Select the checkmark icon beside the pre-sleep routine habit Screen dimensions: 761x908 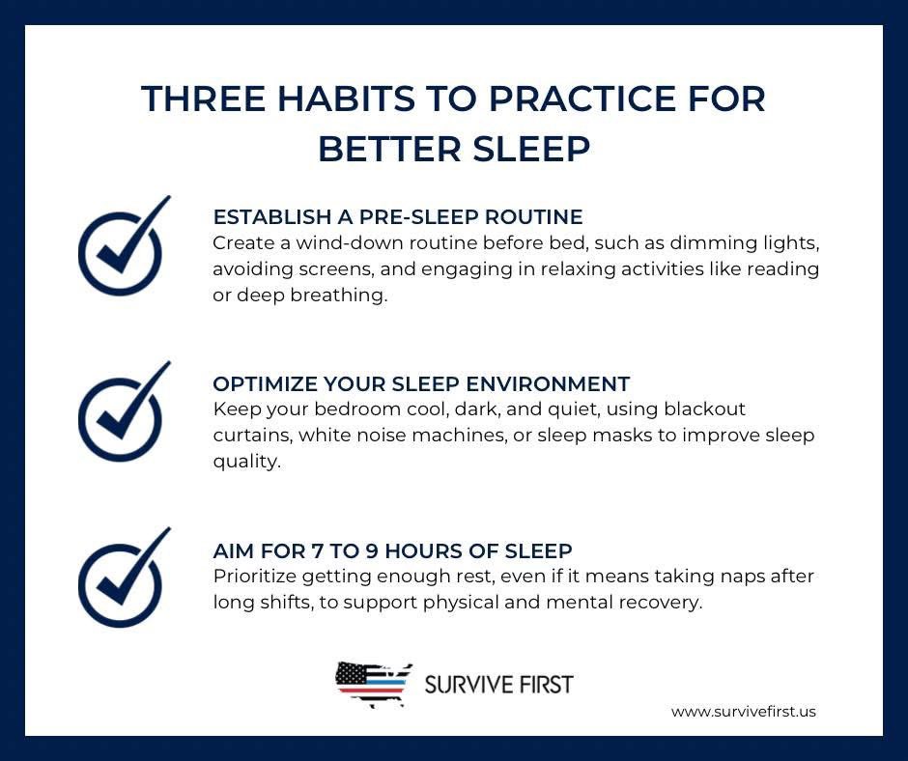pos(121,249)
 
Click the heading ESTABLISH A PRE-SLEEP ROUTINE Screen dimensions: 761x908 pos(397,215)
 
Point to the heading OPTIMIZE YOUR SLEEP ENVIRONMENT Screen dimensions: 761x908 pos(421,383)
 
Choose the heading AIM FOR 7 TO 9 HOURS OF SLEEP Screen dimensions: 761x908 pos(392,550)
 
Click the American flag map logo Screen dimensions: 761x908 pos(374,685)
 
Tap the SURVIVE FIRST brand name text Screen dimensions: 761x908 pos(498,685)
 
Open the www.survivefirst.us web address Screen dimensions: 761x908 pos(743,712)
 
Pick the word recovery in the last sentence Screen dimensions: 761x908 pos(662,603)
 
